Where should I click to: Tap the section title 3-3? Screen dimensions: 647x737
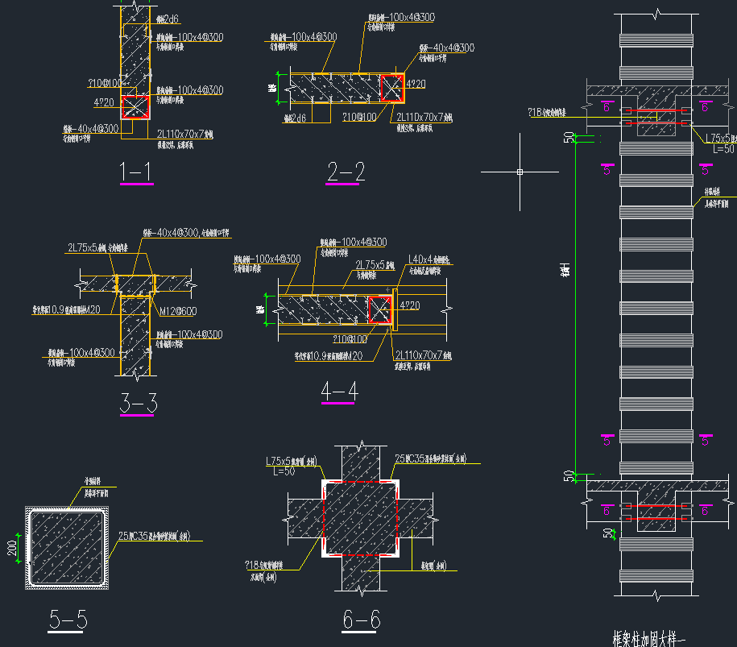[138, 404]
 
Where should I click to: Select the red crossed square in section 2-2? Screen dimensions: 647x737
[391, 89]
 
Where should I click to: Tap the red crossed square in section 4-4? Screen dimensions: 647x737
[380, 309]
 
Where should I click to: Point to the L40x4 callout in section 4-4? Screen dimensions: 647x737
[429, 259]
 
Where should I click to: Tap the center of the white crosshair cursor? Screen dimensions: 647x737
[520, 172]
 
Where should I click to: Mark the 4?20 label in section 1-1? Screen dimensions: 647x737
[105, 102]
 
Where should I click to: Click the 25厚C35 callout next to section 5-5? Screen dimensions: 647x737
[161, 535]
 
